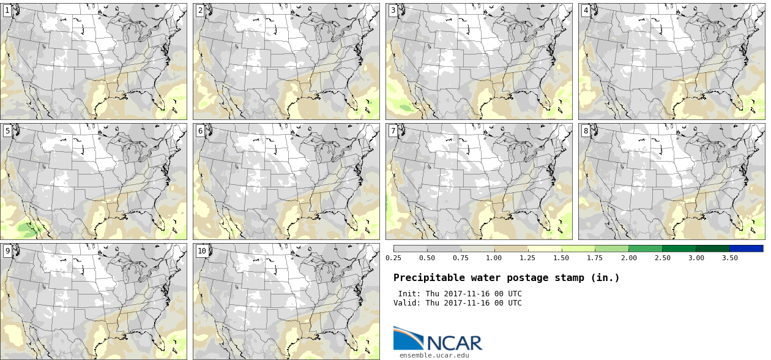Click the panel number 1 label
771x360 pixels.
point(7,10)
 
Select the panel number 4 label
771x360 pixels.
point(586,10)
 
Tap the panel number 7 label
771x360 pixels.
point(393,130)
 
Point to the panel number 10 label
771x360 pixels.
point(201,250)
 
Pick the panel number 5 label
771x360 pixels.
point(7,130)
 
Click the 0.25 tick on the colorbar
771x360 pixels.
point(393,258)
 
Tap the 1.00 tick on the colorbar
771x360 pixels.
point(494,258)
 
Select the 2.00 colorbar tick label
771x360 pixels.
point(628,258)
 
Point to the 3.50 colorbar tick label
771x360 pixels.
point(729,258)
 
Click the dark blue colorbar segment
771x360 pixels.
point(746,249)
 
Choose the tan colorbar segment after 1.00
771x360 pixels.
point(510,249)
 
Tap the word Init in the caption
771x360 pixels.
point(408,294)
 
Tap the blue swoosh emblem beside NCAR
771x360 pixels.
point(408,337)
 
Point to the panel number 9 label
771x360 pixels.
point(7,250)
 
